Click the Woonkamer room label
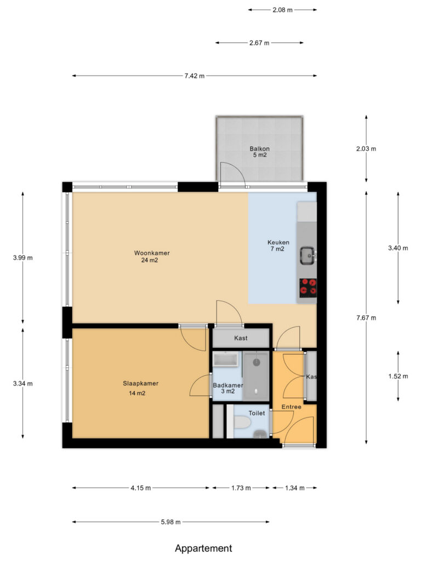coord(152,253)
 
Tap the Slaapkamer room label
coord(141,383)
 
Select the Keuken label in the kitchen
coord(278,242)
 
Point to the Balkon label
coord(259,148)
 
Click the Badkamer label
coord(227,385)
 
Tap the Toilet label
coord(257,413)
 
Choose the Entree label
coord(292,407)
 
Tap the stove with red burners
coord(308,288)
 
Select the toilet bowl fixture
coord(242,422)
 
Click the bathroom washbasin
coord(225,359)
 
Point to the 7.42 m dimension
coord(195,76)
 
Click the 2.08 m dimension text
coord(282,10)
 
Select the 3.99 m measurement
coord(23,257)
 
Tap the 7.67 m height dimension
coord(366,318)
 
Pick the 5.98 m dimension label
coord(171,522)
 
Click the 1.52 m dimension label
coord(398,376)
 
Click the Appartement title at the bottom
coord(203,548)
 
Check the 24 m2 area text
coord(149,260)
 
